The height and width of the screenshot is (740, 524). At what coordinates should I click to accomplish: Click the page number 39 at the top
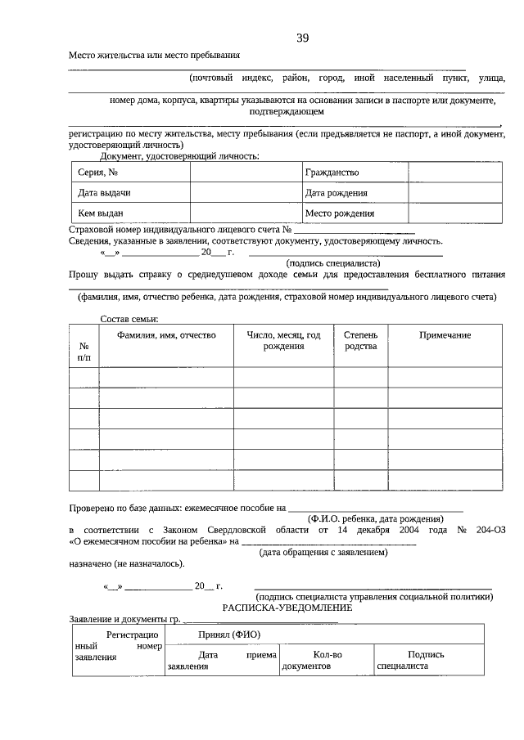pyautogui.click(x=302, y=38)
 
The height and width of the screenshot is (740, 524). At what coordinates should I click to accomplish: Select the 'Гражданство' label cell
pyautogui.click(x=332, y=173)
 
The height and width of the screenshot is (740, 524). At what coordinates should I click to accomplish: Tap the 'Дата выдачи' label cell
pyautogui.click(x=104, y=193)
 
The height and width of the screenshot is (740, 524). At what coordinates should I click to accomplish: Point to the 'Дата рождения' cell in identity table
pyautogui.click(x=336, y=193)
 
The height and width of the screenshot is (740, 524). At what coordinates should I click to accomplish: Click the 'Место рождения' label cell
pyautogui.click(x=339, y=213)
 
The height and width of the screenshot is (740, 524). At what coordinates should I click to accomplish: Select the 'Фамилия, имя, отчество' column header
pyautogui.click(x=166, y=335)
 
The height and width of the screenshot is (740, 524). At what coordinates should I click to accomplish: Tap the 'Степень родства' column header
pyautogui.click(x=360, y=341)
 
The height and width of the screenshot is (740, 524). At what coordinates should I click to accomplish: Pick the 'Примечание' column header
pyautogui.click(x=445, y=335)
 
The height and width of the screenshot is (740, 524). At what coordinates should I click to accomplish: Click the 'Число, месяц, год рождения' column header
pyautogui.click(x=283, y=341)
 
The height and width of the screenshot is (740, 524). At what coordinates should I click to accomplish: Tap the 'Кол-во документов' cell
pyautogui.click(x=327, y=660)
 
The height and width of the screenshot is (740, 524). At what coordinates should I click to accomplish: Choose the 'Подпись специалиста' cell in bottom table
pyautogui.click(x=426, y=660)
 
